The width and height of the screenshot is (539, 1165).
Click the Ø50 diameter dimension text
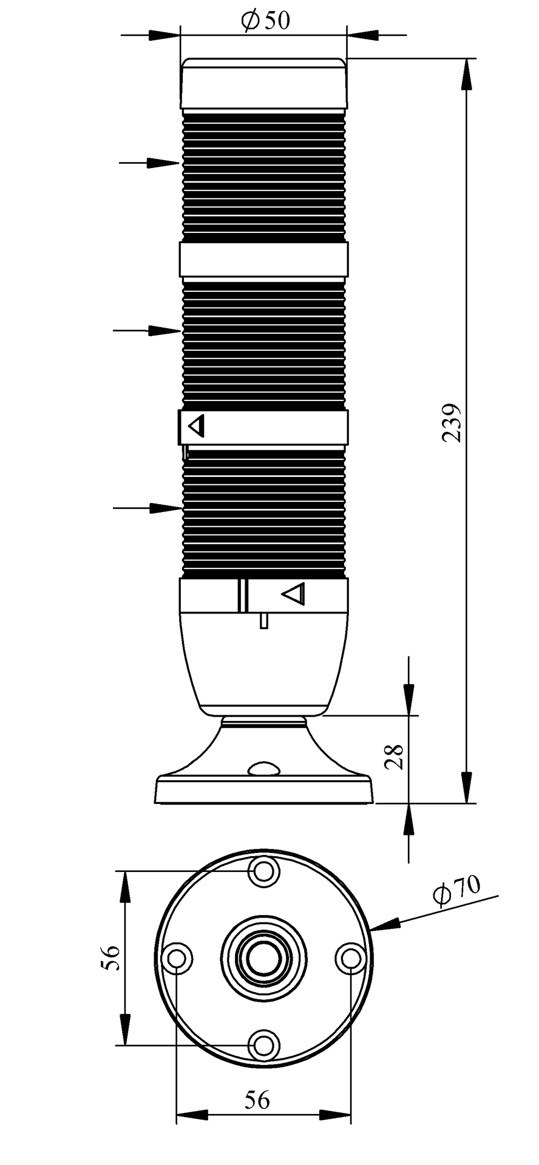(265, 21)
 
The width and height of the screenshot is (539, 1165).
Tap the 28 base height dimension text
(395, 757)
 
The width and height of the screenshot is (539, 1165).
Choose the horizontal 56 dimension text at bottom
(257, 1099)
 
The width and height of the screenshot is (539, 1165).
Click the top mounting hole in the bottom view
(263, 872)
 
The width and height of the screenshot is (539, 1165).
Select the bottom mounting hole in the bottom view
(263, 1045)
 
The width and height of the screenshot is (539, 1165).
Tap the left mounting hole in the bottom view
(177, 959)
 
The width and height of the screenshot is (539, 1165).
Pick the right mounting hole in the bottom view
(350, 959)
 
